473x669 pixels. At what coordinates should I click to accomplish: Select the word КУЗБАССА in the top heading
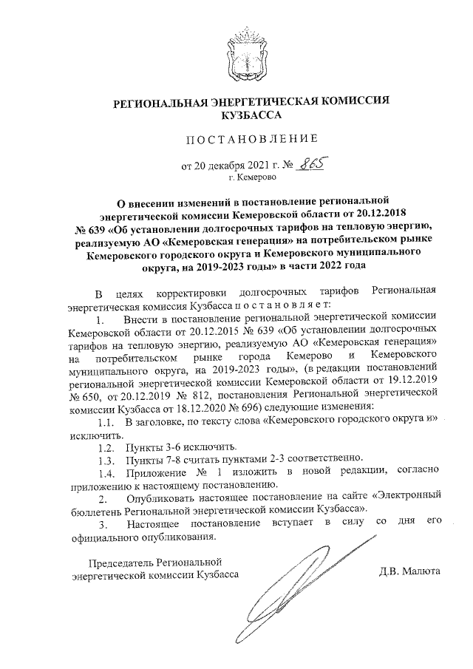[250, 115]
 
